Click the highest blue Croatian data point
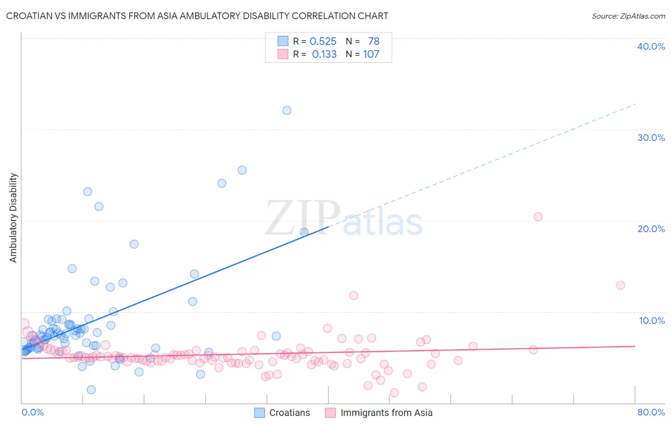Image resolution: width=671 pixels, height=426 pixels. pyautogui.click(x=287, y=110)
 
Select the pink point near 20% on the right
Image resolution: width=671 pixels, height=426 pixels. pyautogui.click(x=538, y=216)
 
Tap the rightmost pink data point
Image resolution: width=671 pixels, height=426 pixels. pyautogui.click(x=620, y=285)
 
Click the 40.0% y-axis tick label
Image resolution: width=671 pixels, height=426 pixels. pyautogui.click(x=651, y=46)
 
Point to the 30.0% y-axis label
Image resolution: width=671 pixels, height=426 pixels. pyautogui.click(x=651, y=138)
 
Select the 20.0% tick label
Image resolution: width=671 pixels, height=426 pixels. pyautogui.click(x=651, y=229)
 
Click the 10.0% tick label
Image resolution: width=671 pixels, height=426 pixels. pyautogui.click(x=652, y=320)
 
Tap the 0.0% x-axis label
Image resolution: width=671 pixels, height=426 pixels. pyautogui.click(x=32, y=412)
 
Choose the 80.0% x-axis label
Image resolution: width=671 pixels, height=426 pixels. pyautogui.click(x=651, y=412)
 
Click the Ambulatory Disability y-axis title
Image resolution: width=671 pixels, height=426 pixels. pyautogui.click(x=13, y=217)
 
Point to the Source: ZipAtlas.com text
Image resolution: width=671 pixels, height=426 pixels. pyautogui.click(x=628, y=16)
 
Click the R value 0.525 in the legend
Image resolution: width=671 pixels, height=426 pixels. pyautogui.click(x=323, y=41)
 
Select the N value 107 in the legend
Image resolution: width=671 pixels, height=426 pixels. pyautogui.click(x=371, y=54)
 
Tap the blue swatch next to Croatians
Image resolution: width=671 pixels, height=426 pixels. pyautogui.click(x=259, y=413)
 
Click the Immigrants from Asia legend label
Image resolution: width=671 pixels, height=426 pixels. pyautogui.click(x=387, y=413)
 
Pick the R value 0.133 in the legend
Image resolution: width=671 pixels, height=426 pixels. pyautogui.click(x=324, y=54)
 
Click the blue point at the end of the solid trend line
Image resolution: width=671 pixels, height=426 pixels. pyautogui.click(x=304, y=232)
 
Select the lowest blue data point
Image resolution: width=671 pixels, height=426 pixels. pyautogui.click(x=91, y=390)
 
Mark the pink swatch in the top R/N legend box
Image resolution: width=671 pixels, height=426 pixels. pyautogui.click(x=283, y=54)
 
